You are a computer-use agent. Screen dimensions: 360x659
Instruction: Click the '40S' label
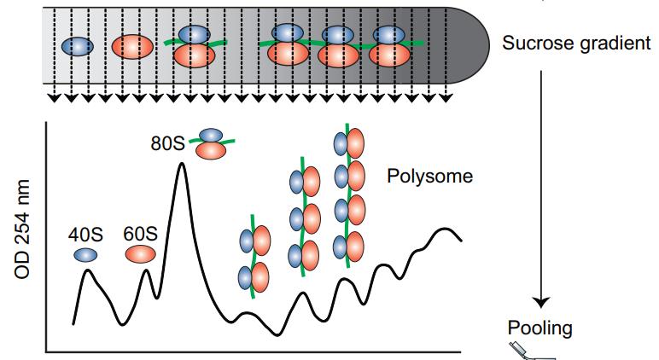(85, 233)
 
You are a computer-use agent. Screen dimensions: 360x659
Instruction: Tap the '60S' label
(141, 233)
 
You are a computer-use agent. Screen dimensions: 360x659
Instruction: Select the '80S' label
(168, 142)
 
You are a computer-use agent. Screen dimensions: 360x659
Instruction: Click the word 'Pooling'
(539, 328)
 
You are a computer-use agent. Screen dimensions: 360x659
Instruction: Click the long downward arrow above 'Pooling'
(539, 188)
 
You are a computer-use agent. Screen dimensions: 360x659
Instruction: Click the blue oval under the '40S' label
(85, 253)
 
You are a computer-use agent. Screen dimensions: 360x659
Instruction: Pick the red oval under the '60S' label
(141, 253)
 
